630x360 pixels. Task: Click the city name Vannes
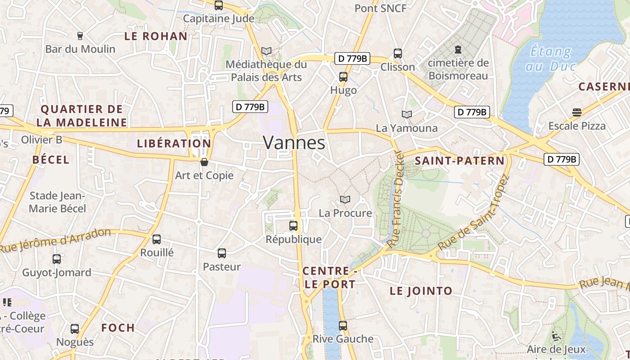point(294,143)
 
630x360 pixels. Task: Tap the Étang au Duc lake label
point(551,59)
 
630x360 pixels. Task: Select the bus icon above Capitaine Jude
point(219,5)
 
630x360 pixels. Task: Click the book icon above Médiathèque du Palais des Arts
point(266,51)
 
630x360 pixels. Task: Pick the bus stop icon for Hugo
point(343,77)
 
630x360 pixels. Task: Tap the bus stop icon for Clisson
point(398,54)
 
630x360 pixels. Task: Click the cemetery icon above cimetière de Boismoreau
point(458,49)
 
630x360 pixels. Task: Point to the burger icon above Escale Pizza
point(577,112)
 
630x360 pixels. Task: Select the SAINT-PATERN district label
point(459,161)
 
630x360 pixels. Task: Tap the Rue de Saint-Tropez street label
point(473,213)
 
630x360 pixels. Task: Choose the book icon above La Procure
point(345,199)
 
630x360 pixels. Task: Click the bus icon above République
point(293,226)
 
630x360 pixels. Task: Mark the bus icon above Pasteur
point(222,253)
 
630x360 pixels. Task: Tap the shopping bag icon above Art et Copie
point(204,162)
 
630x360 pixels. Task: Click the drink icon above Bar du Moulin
point(80,36)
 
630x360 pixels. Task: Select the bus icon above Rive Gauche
point(343,325)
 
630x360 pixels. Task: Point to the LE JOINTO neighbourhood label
point(421,291)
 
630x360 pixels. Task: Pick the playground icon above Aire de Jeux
point(556,336)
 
